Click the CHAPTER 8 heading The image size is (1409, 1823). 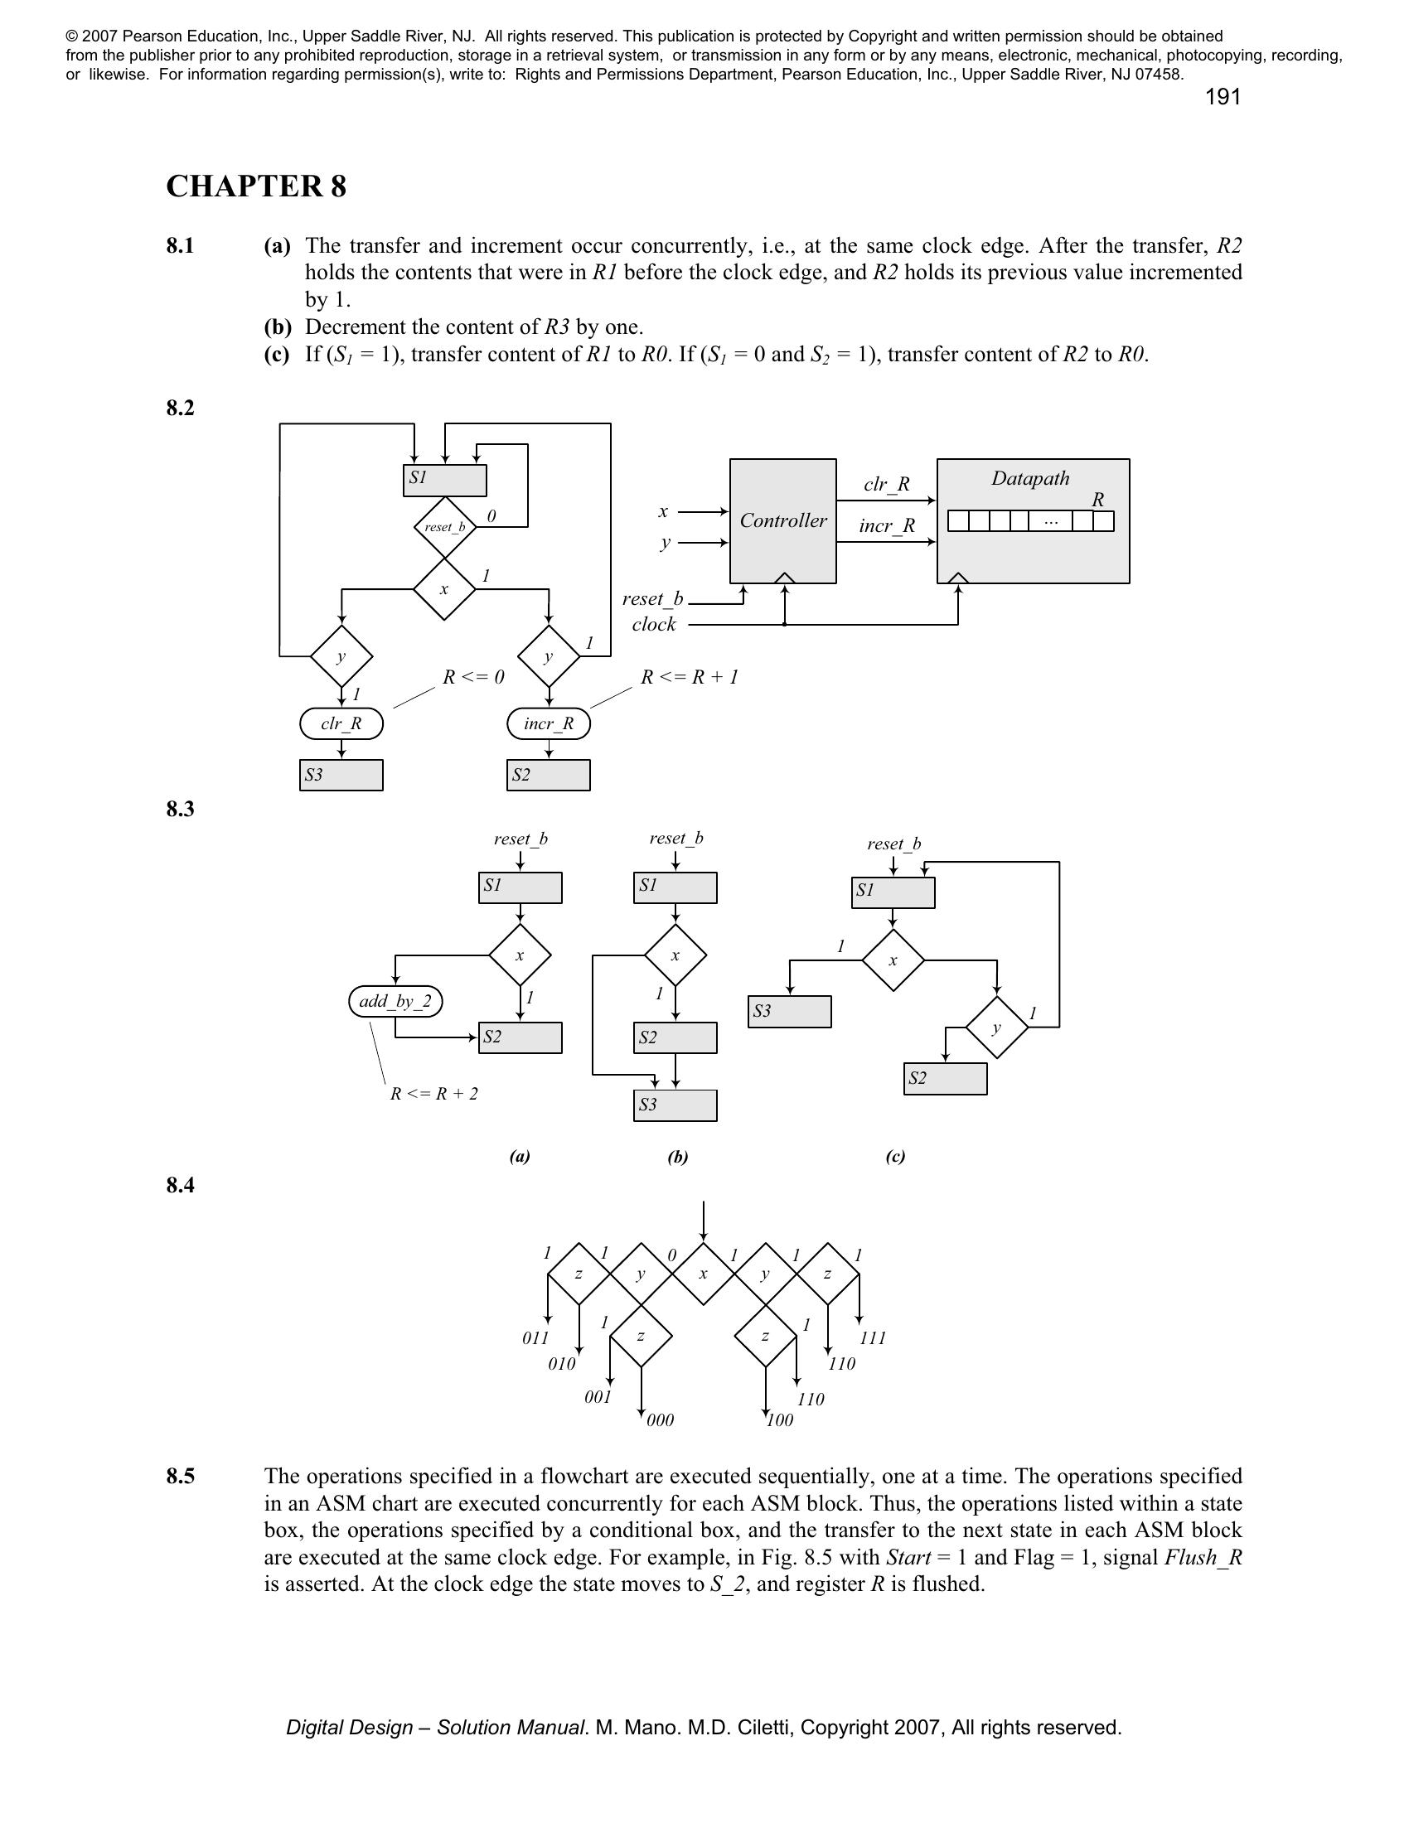(255, 186)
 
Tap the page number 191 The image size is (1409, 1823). (1222, 98)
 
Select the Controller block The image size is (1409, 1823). (782, 521)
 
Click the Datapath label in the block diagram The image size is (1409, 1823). (1030, 478)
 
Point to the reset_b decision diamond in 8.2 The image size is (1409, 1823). (444, 527)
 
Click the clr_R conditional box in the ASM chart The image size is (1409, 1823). (341, 723)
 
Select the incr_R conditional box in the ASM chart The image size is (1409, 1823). (549, 723)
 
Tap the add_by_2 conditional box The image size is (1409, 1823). (395, 1001)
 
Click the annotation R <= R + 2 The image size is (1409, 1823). (434, 1094)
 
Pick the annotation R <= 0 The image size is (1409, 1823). (473, 677)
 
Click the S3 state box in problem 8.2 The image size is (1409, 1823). (341, 775)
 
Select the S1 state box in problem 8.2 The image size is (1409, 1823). (444, 479)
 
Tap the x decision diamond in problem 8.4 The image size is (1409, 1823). (703, 1274)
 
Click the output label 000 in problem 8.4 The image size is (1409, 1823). (661, 1419)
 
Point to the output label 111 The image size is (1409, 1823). (872, 1338)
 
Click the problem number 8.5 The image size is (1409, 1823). (181, 1477)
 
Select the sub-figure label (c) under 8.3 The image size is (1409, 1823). (895, 1156)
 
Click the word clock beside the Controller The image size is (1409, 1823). (654, 624)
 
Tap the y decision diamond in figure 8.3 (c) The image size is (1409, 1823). (996, 1028)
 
